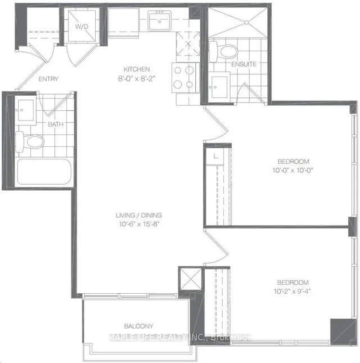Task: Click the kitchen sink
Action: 159,22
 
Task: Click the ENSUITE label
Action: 244,64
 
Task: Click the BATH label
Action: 56,124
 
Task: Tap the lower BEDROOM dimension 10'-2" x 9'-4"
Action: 292,291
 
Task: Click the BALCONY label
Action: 139,326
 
